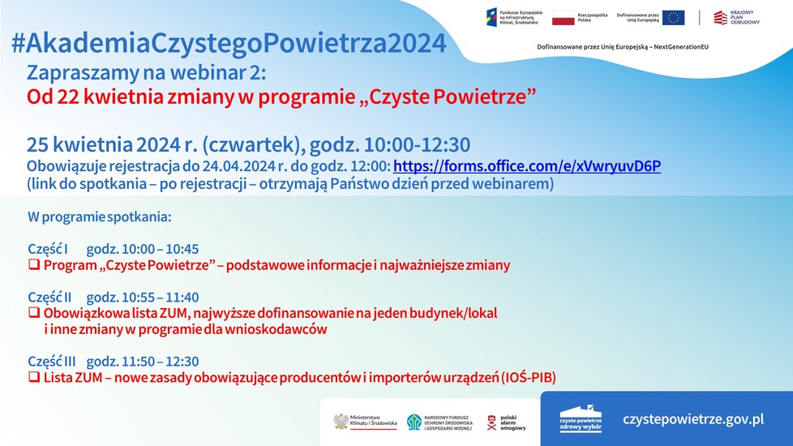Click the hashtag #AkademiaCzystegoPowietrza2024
pyautogui.click(x=229, y=43)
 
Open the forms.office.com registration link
pyautogui.click(x=527, y=166)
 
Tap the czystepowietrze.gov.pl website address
pyautogui.click(x=693, y=419)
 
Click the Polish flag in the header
pyautogui.click(x=564, y=18)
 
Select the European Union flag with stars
pyautogui.click(x=673, y=18)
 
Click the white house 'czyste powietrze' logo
pyautogui.click(x=581, y=419)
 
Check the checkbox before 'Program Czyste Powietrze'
pyautogui.click(x=34, y=265)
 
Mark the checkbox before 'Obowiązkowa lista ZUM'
pyautogui.click(x=34, y=312)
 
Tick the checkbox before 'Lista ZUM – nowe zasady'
pyautogui.click(x=34, y=377)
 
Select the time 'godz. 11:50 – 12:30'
pyautogui.click(x=143, y=362)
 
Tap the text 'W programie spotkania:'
pyautogui.click(x=99, y=217)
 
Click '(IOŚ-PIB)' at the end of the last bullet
pyautogui.click(x=529, y=377)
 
